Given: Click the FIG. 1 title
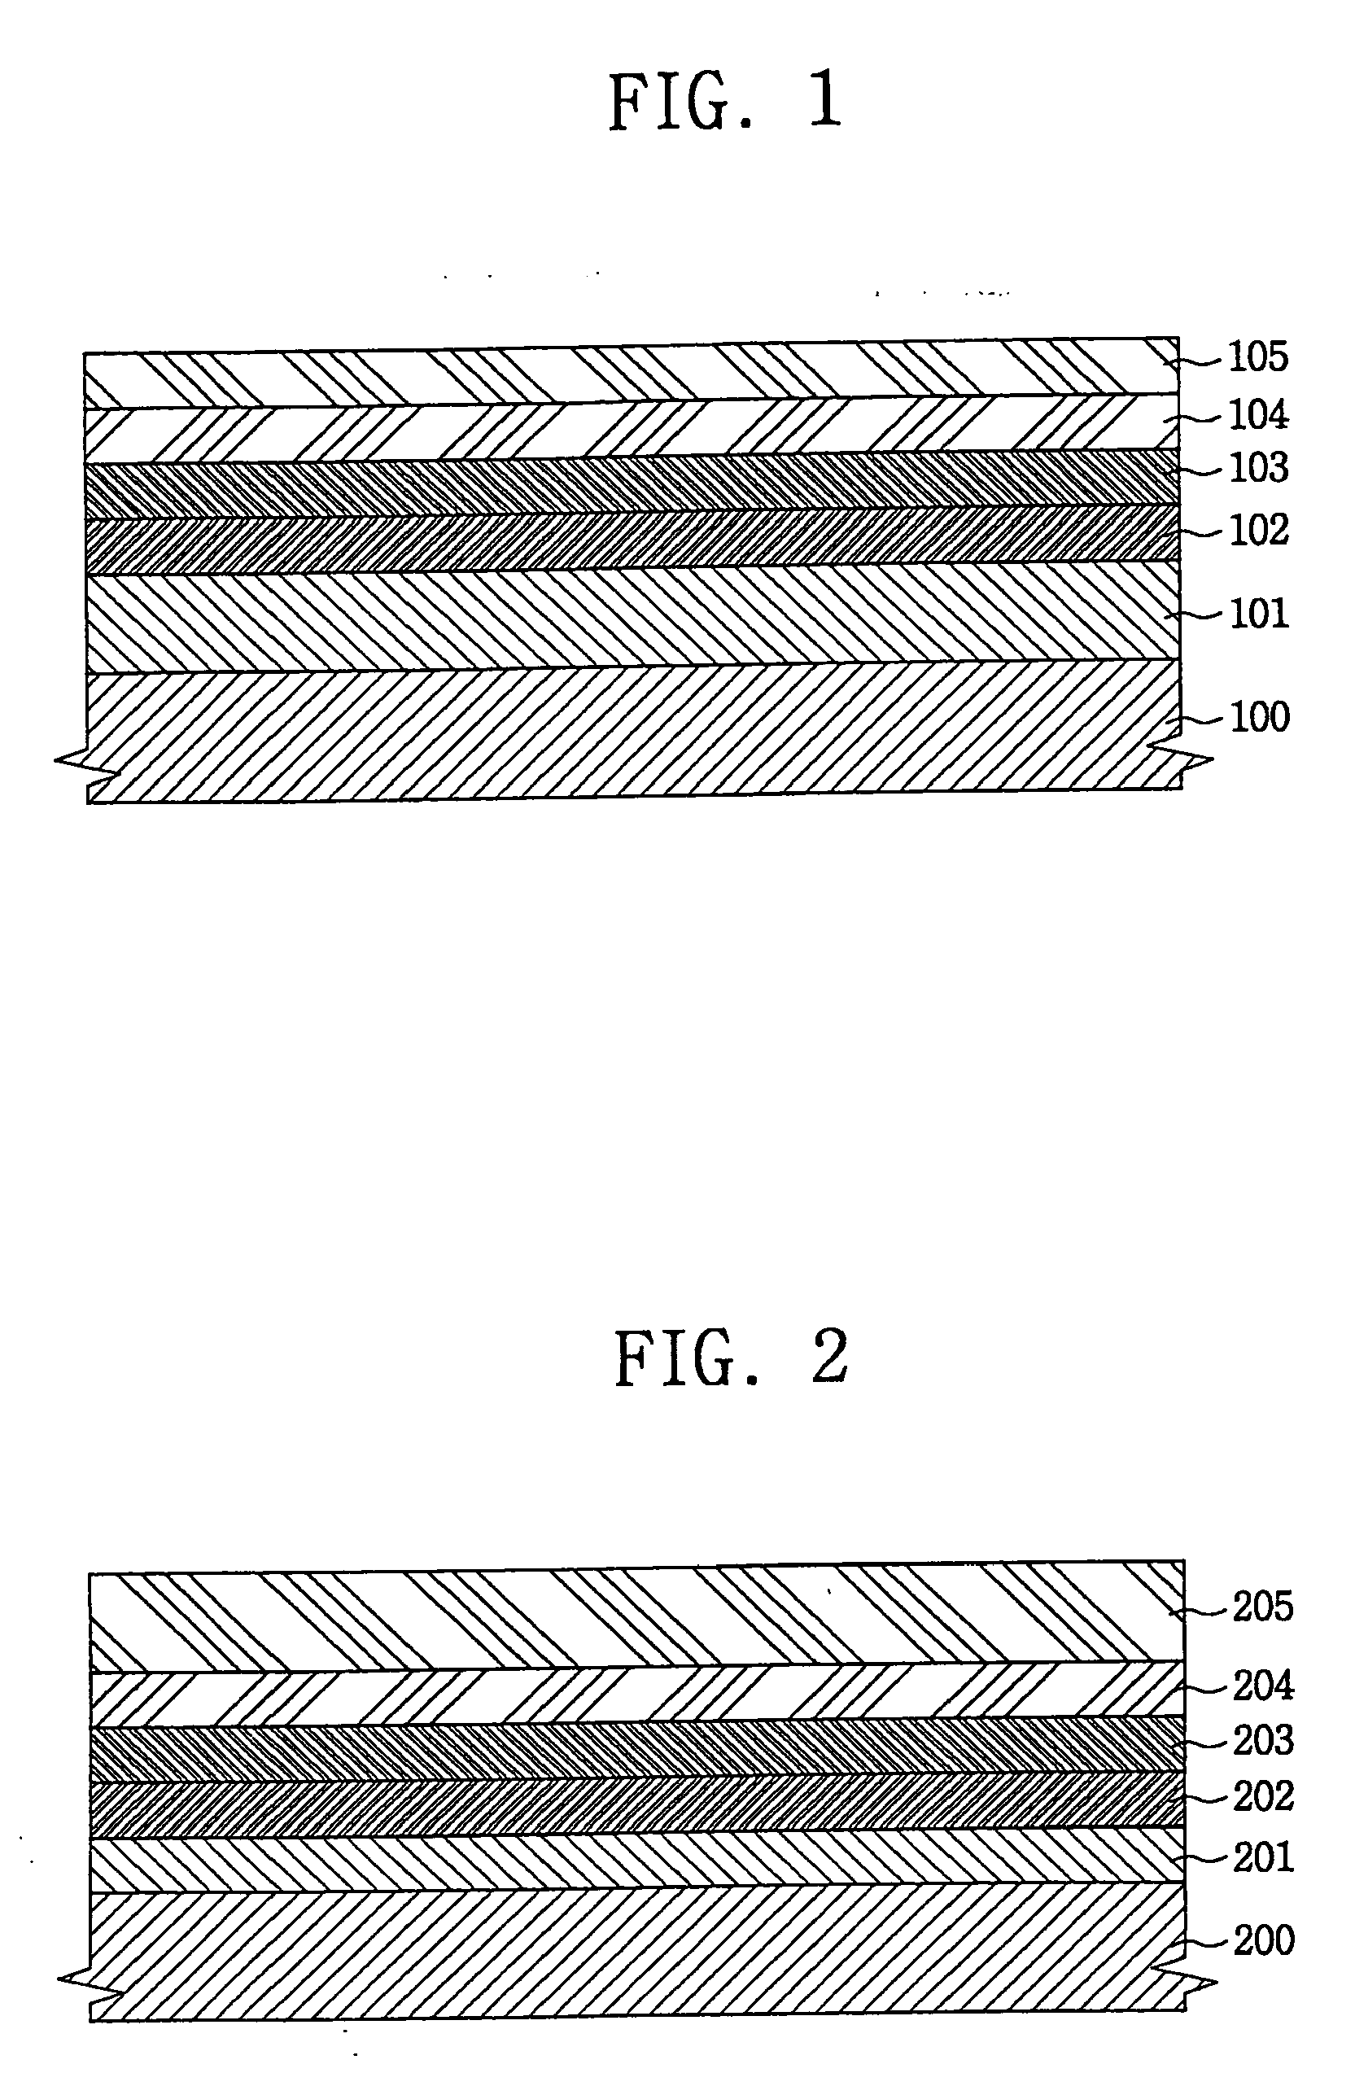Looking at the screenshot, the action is [725, 102].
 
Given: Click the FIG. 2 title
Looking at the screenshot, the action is [731, 1358].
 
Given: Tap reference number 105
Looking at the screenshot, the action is [1257, 356].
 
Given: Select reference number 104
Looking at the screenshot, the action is [1257, 414].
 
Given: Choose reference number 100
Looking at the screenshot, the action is [1260, 717].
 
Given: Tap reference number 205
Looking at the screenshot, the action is [1262, 1607].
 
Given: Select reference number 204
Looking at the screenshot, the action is [1262, 1685].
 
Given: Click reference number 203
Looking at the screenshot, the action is [1262, 1740].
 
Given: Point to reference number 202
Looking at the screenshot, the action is [1263, 1796].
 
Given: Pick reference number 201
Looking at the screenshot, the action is [1263, 1856].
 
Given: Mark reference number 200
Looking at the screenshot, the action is [1263, 1940].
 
